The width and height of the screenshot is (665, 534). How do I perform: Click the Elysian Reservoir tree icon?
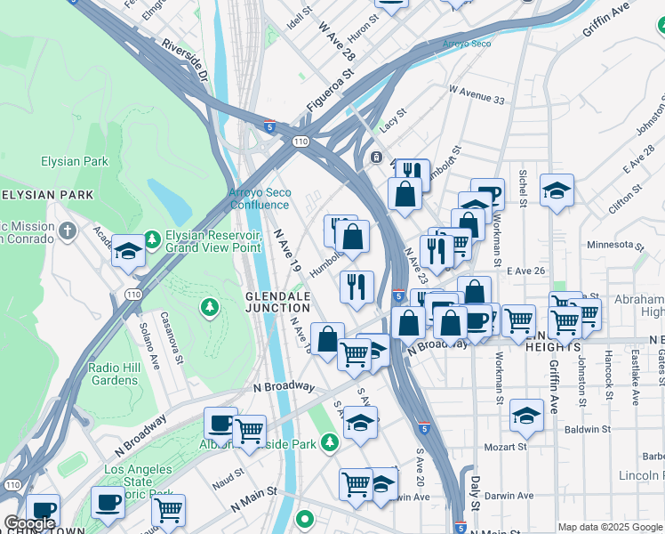pos(152,239)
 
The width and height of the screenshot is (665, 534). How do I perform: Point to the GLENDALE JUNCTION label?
pos(278,302)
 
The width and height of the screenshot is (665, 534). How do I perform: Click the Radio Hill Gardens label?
pos(125,374)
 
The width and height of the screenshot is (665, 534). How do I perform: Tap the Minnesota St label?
pos(614,245)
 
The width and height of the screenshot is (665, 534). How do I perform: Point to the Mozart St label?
pos(506,447)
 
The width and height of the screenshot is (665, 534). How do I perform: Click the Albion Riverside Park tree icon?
pos(330,442)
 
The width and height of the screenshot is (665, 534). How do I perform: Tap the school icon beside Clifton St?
pos(557,190)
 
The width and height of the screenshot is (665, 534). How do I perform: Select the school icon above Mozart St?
pos(527,415)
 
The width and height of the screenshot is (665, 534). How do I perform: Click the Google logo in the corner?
pos(29,523)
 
